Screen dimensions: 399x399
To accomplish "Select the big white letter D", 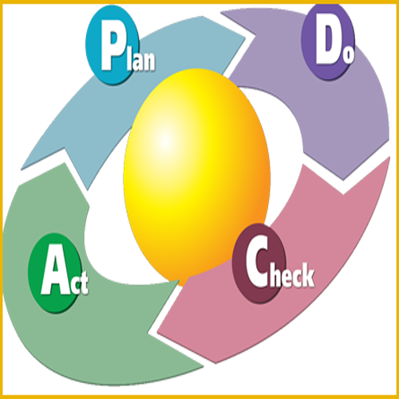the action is (329, 45).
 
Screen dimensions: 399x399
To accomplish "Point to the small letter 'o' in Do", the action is (348, 55).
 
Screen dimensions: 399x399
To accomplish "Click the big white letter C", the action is (258, 261).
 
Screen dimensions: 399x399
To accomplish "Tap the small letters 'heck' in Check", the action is (292, 275).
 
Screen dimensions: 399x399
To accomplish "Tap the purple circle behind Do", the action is (328, 41).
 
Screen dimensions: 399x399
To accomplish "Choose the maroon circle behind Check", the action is (259, 263).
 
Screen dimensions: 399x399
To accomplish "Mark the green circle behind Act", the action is (54, 273).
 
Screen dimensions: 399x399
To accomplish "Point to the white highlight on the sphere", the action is (165, 140).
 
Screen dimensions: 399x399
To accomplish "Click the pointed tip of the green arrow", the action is (179, 280).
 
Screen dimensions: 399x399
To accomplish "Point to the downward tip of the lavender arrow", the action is (343, 180).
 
